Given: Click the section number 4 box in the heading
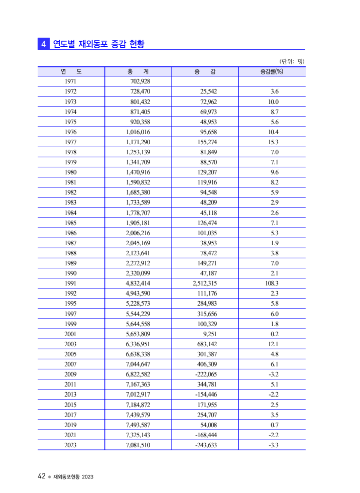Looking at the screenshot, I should (x=43, y=44).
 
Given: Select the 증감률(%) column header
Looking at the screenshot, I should (x=272, y=71).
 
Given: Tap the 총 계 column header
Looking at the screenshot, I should (x=138, y=71).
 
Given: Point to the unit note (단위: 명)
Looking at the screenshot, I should (x=292, y=61).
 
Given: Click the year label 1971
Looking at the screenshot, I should (x=71, y=81).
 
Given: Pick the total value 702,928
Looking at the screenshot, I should (x=140, y=81).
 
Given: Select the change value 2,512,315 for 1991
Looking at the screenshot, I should (x=205, y=283).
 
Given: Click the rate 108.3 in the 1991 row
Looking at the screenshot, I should (x=271, y=283).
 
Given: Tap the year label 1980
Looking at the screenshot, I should (x=71, y=172).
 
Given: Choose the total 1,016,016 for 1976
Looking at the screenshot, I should (x=138, y=132).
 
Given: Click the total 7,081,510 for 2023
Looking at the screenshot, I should (x=138, y=445).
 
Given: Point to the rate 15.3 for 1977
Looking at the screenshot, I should (x=274, y=142).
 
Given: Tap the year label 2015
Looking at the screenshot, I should (x=71, y=405).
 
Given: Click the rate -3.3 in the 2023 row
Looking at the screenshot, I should (x=274, y=445).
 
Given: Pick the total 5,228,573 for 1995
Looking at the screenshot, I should (x=138, y=304).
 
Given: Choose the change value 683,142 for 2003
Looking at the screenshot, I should (x=208, y=344).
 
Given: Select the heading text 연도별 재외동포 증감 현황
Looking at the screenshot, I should (x=99, y=44).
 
